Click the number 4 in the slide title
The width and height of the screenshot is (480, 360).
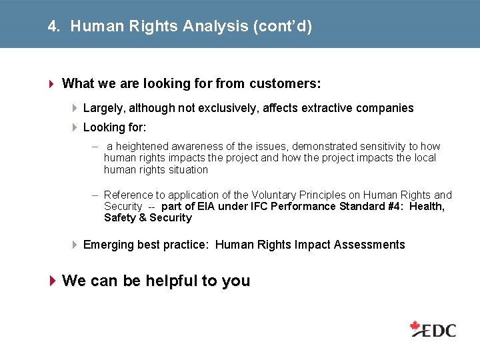[52, 27]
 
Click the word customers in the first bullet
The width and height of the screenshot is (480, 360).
[285, 83]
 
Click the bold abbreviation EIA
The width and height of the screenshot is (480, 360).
[206, 207]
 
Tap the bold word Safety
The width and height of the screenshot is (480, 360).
[120, 218]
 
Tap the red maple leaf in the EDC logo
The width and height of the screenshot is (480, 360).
[417, 327]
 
